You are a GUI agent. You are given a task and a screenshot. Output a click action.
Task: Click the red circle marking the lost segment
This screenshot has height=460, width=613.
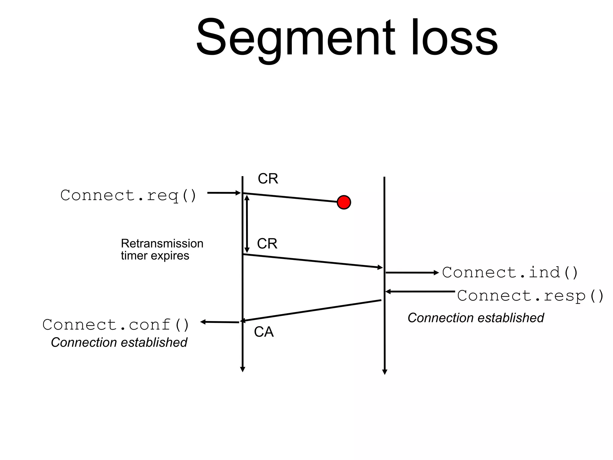point(344,202)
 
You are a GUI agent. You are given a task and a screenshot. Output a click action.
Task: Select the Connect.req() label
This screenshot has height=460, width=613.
point(128,195)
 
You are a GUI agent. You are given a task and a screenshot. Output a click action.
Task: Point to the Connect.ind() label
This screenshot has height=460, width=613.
point(510,273)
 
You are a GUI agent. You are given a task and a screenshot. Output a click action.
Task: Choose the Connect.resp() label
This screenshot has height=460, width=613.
point(530,296)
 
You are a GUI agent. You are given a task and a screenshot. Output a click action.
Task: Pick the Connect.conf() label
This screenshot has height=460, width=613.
point(116,325)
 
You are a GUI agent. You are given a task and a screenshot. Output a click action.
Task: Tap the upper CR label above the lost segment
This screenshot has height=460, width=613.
point(268,179)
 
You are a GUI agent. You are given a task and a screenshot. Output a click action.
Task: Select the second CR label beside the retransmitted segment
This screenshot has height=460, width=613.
point(267,243)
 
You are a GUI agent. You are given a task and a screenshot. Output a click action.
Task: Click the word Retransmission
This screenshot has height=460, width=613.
point(162,243)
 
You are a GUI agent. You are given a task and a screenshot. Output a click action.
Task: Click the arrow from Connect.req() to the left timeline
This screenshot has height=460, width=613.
point(224,193)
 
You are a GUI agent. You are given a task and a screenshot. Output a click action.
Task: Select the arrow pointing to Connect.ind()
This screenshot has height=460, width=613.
point(412,273)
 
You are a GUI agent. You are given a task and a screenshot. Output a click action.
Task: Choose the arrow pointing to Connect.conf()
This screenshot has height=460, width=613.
point(220,322)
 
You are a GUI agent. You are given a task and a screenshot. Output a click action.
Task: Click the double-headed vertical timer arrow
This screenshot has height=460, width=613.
point(247,224)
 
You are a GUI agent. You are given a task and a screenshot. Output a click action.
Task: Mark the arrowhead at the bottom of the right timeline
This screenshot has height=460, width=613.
point(385,372)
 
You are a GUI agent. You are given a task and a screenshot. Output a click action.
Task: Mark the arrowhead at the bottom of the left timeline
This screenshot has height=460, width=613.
point(243,369)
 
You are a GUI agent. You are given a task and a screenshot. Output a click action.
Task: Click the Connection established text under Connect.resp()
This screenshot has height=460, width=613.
point(476,318)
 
